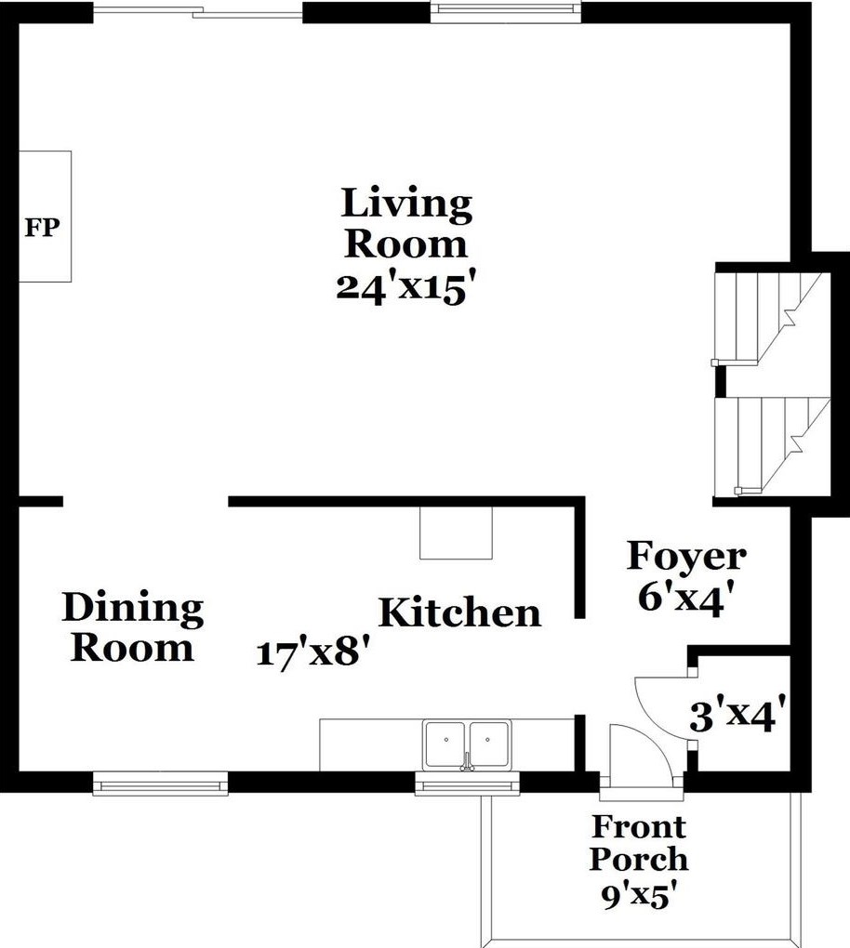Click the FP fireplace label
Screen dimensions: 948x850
(x=41, y=228)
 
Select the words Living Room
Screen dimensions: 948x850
(x=406, y=224)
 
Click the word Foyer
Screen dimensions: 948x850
(x=686, y=557)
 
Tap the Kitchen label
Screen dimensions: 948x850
(x=459, y=613)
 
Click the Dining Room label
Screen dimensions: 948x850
(x=133, y=627)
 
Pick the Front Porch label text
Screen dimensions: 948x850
(x=639, y=842)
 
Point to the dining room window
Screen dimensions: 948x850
(x=161, y=785)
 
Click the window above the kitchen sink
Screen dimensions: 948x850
(x=467, y=786)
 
